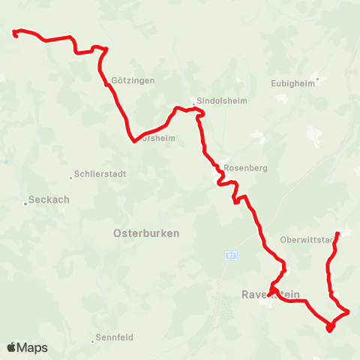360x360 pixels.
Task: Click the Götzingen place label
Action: click(132, 80)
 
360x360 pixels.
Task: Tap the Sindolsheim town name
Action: click(216, 101)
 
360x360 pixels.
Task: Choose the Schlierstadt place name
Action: click(100, 174)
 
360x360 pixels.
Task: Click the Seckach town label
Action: click(48, 200)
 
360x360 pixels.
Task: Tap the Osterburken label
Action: click(146, 233)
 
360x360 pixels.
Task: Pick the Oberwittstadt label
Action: click(305, 239)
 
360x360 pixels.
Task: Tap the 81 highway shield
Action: click(230, 256)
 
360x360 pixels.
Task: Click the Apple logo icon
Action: click(12, 347)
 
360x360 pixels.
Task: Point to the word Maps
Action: click(33, 347)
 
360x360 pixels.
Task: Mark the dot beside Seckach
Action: click(24, 201)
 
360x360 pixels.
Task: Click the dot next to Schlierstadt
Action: click(71, 178)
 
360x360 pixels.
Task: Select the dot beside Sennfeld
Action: click(95, 340)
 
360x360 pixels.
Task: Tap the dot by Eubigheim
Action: click(317, 78)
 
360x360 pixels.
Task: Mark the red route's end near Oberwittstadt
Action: click(338, 234)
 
